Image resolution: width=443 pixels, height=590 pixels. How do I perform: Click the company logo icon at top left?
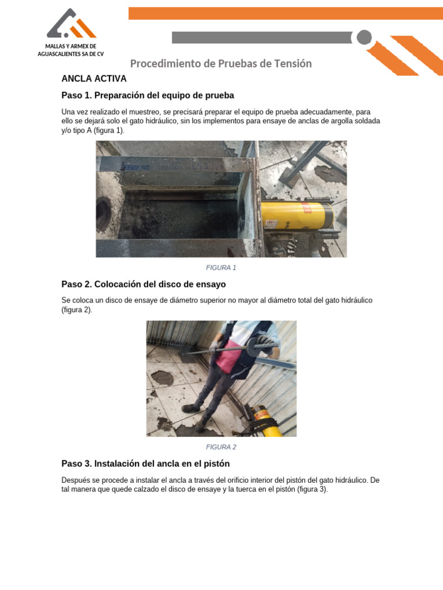(71, 25)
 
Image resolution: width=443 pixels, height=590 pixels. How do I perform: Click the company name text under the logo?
(70, 50)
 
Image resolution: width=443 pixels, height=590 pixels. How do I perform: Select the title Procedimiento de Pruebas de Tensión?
(221, 63)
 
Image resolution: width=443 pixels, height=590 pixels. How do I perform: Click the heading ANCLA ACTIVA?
(93, 78)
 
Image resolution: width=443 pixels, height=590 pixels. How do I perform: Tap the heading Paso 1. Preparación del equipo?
(148, 95)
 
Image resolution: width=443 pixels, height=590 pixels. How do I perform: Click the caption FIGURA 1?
(221, 267)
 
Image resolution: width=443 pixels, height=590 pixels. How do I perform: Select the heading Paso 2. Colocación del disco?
(144, 284)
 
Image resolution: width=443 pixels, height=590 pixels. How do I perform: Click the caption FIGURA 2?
(221, 447)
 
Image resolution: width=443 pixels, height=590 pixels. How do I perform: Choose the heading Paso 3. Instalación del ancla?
(145, 463)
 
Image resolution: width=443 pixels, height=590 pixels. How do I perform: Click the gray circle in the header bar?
(364, 37)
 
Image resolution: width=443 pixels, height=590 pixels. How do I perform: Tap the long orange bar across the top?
(286, 13)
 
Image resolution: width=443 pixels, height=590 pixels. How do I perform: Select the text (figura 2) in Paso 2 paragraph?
(77, 310)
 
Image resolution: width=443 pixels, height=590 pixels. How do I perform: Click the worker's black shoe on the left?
(190, 408)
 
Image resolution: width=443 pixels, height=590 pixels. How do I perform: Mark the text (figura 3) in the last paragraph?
(311, 489)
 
